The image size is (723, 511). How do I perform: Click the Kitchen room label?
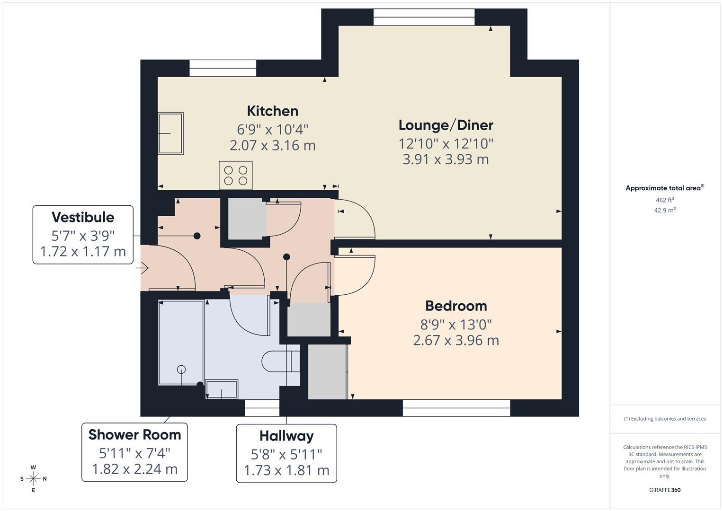click(272, 111)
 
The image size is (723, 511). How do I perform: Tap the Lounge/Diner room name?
click(446, 125)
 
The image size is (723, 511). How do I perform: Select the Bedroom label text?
click(456, 306)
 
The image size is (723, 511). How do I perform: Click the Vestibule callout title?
click(83, 217)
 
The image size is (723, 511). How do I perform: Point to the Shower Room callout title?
click(134, 434)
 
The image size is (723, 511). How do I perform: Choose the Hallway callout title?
click(286, 436)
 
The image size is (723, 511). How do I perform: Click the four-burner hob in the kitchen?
click(235, 176)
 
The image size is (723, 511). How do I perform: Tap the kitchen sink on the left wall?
click(170, 133)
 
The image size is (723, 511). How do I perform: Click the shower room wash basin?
click(222, 389)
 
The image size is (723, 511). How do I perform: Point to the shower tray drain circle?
click(181, 370)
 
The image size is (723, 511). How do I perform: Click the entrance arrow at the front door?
click(143, 268)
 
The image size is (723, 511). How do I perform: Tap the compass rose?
click(33, 479)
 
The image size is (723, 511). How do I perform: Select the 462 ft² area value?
click(665, 200)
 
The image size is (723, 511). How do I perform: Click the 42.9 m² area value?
click(665, 211)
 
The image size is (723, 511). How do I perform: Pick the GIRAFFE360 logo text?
click(665, 490)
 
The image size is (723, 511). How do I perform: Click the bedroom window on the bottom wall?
click(456, 408)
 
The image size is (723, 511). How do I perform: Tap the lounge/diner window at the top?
click(424, 18)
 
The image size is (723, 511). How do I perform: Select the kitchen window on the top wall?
click(223, 68)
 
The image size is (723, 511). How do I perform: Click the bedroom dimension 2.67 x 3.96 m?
click(456, 340)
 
